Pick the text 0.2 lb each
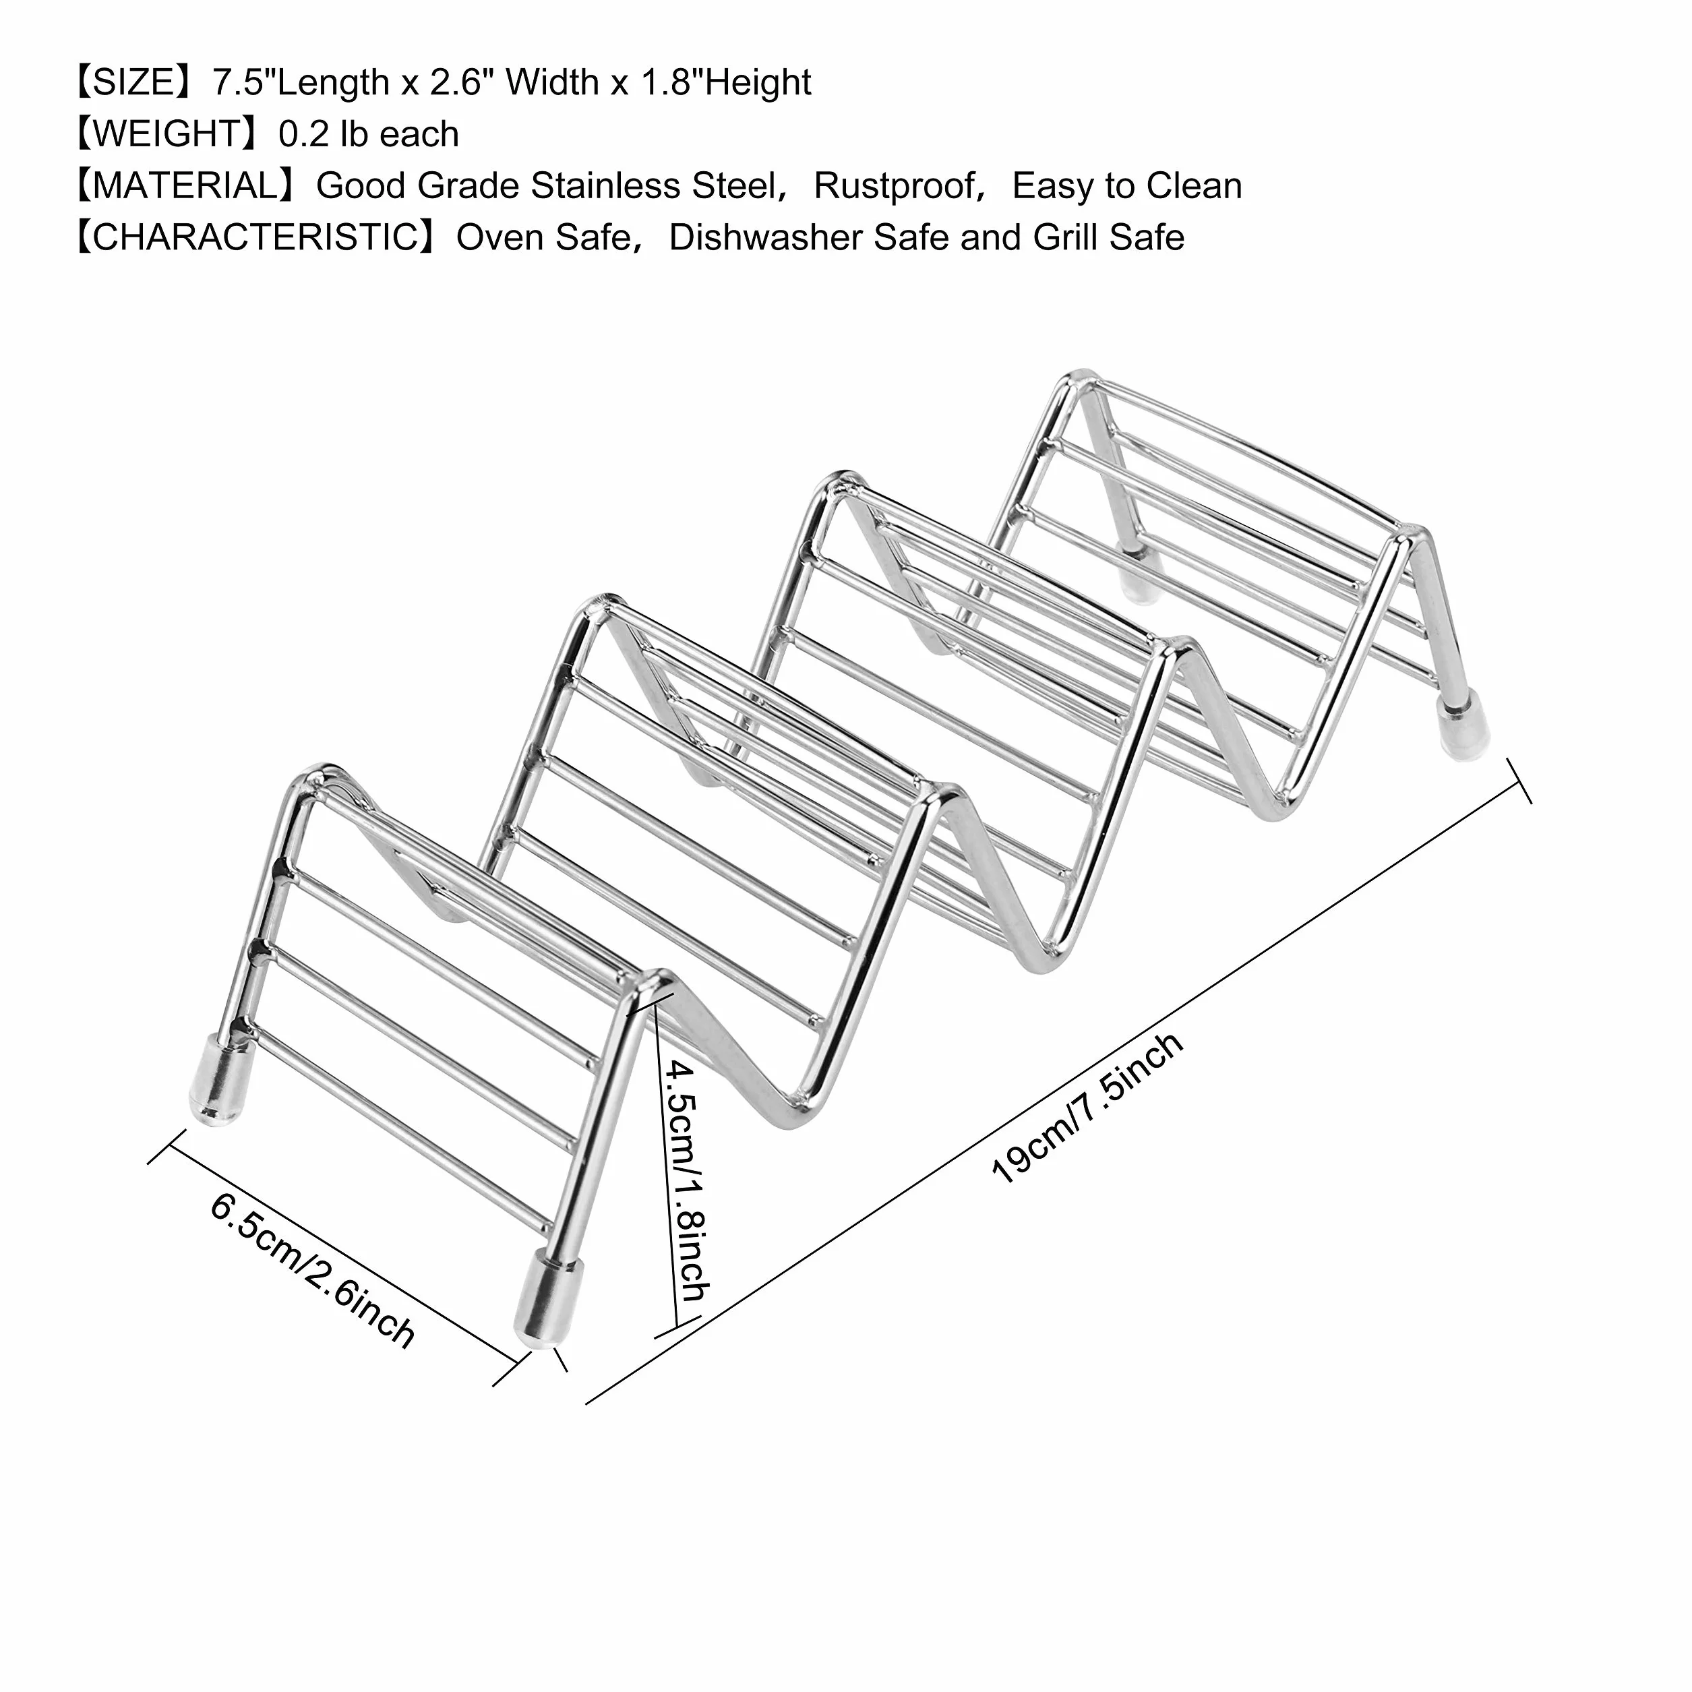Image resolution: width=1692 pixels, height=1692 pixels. pyautogui.click(x=369, y=134)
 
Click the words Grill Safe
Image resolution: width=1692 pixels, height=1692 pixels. pyautogui.click(x=1109, y=237)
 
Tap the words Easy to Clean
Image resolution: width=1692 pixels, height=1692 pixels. pyautogui.click(x=1127, y=185)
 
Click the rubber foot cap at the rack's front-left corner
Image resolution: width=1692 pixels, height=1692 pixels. pyautogui.click(x=216, y=1080)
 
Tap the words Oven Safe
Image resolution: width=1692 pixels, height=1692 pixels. pyautogui.click(x=543, y=237)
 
